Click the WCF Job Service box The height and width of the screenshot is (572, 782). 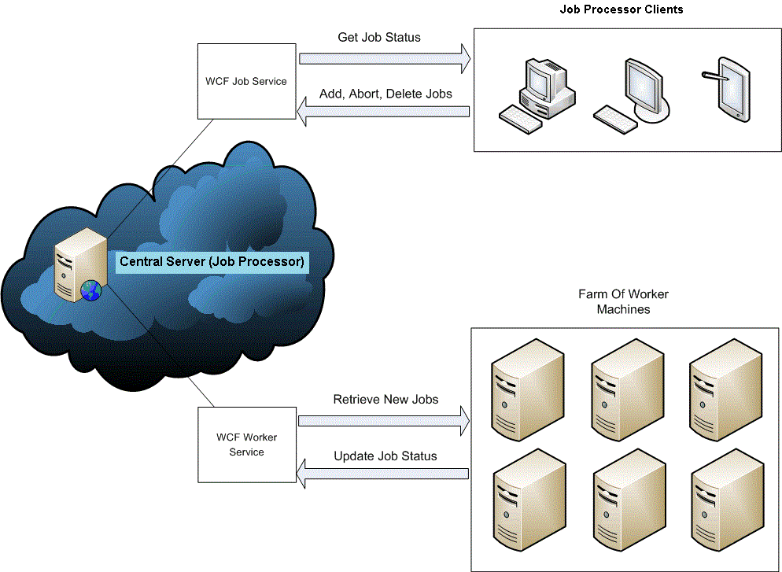point(247,81)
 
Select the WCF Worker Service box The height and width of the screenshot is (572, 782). point(247,445)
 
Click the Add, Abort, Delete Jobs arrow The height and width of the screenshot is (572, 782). point(383,113)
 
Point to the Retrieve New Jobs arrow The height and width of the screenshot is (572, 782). point(383,421)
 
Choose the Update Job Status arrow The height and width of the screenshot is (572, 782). point(382,473)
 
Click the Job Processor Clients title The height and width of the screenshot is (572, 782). point(621,10)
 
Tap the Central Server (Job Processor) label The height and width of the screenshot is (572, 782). point(212,262)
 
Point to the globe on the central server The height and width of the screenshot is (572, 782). point(91,291)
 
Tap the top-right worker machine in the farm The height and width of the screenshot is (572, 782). point(725,389)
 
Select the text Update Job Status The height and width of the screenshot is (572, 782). point(385,456)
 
